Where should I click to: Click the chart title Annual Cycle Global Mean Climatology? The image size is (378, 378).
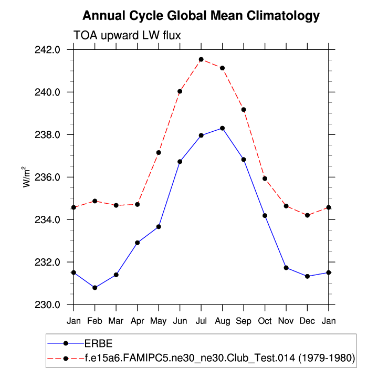coord(201,15)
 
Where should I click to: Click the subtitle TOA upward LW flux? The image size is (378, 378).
coord(127,35)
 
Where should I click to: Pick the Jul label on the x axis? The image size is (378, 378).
coord(201,320)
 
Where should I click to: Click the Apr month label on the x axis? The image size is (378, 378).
coord(138,320)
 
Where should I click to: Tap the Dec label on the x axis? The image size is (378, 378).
coord(307,320)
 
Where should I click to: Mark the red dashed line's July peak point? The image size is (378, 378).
coord(201,59)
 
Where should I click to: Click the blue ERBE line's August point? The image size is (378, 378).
coord(223,128)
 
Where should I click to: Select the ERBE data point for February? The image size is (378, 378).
coord(95,288)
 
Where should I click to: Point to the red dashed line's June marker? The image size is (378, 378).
coord(180,91)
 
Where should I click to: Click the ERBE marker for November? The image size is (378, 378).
coord(286,268)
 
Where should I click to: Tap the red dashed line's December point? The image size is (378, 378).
coord(307,215)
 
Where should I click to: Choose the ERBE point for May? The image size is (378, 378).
coord(159,227)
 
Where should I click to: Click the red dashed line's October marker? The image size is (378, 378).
coord(265,178)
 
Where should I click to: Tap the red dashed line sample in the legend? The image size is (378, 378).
coord(66,358)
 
